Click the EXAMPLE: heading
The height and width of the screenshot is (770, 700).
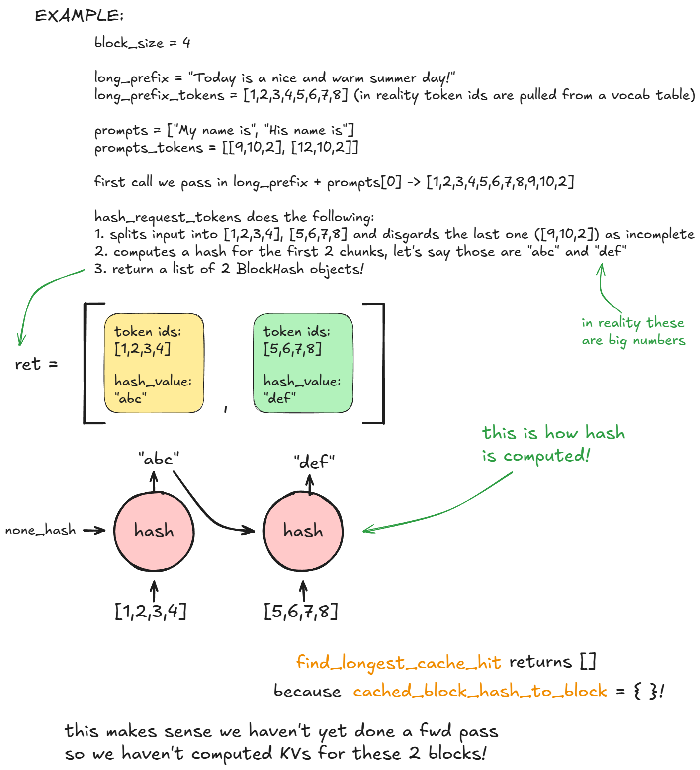point(79,16)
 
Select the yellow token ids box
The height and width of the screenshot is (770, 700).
point(154,363)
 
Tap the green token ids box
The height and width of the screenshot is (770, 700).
point(303,363)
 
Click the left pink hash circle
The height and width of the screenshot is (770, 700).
point(154,531)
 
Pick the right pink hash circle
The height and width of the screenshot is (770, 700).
point(303,531)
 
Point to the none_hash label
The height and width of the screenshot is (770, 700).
point(40,530)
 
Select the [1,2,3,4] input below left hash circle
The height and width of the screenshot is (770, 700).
point(151,611)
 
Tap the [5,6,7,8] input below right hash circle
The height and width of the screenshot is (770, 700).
point(301,611)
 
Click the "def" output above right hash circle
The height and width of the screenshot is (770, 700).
point(314,462)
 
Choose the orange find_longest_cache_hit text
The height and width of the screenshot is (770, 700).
point(398,662)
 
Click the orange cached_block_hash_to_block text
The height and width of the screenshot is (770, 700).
point(480,691)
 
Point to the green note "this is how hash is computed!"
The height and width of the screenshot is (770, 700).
point(553,444)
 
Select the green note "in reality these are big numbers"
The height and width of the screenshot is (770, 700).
point(633,331)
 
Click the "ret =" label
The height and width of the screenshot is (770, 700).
point(36,364)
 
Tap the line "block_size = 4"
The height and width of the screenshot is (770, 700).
point(142,43)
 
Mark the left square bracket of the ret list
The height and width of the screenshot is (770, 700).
point(87,363)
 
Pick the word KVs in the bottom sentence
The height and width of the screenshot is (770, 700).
point(295,754)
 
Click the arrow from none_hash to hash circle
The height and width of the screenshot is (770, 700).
point(94,531)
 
